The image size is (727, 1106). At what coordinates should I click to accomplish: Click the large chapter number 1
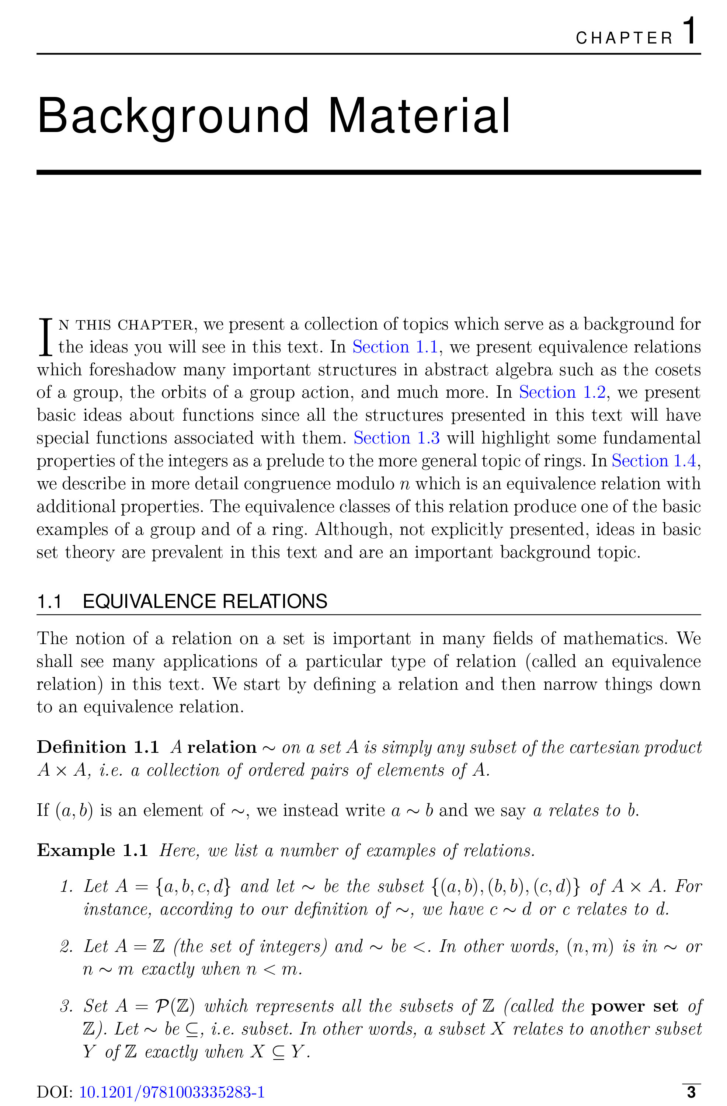pyautogui.click(x=690, y=31)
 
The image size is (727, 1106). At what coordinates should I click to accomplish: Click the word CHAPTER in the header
pyautogui.click(x=624, y=38)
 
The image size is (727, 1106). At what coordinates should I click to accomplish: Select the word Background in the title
pyautogui.click(x=173, y=116)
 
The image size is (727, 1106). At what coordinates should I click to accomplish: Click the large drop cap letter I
pyautogui.click(x=45, y=337)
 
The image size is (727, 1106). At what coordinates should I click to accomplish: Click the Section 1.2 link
pyautogui.click(x=562, y=392)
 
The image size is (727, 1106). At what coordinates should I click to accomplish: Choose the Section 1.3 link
pyautogui.click(x=397, y=438)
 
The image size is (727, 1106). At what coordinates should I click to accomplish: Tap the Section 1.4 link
pyautogui.click(x=654, y=460)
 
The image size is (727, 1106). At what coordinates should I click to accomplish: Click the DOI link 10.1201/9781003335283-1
pyautogui.click(x=172, y=1092)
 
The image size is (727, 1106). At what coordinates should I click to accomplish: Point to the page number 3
pyautogui.click(x=691, y=1092)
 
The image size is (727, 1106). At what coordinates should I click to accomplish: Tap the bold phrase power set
pyautogui.click(x=634, y=1006)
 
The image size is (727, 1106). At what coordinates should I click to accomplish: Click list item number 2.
pyautogui.click(x=66, y=947)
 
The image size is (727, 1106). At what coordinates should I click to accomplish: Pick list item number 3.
pyautogui.click(x=66, y=1006)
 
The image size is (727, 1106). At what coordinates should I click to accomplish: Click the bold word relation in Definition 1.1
pyautogui.click(x=222, y=747)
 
